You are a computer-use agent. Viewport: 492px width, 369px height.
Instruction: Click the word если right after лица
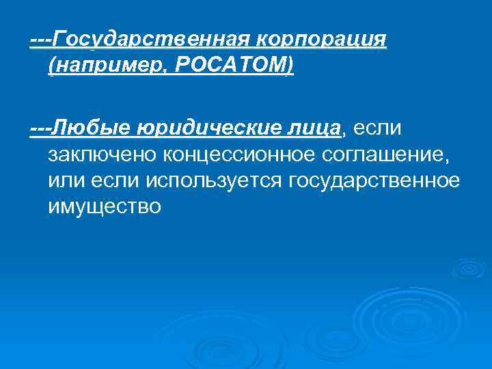[x=377, y=127]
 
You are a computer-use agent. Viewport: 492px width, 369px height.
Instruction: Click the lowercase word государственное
[x=374, y=180]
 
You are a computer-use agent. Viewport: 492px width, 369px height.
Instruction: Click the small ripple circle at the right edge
[x=466, y=268]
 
